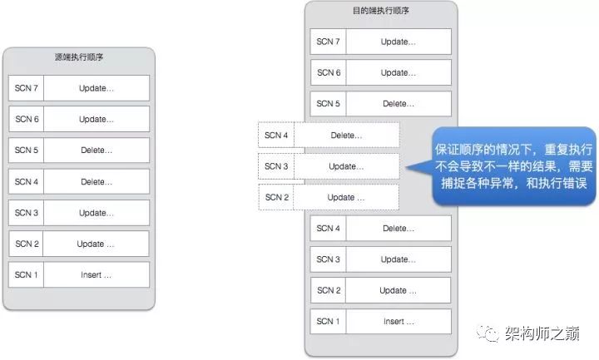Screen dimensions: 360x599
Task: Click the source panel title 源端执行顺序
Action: [x=78, y=58]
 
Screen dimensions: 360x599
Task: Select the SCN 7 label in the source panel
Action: [x=27, y=88]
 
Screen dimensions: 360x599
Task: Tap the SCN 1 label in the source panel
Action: [x=27, y=274]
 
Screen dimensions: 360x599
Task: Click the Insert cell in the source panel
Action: [x=97, y=274]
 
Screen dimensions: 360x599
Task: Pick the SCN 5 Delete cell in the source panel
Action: [x=97, y=150]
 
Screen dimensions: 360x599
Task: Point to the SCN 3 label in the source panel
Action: [x=27, y=213]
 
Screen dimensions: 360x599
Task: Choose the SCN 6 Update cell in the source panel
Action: [x=97, y=119]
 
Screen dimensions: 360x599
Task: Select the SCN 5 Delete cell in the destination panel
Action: [x=399, y=104]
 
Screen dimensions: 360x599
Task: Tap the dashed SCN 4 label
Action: [x=276, y=135]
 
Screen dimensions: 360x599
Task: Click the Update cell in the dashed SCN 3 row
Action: [x=346, y=166]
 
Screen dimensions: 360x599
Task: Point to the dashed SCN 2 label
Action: [x=276, y=197]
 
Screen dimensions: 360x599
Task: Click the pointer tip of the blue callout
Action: [x=408, y=169]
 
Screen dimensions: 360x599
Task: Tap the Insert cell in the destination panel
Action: [x=399, y=321]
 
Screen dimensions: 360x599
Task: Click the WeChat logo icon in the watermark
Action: [x=488, y=333]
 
